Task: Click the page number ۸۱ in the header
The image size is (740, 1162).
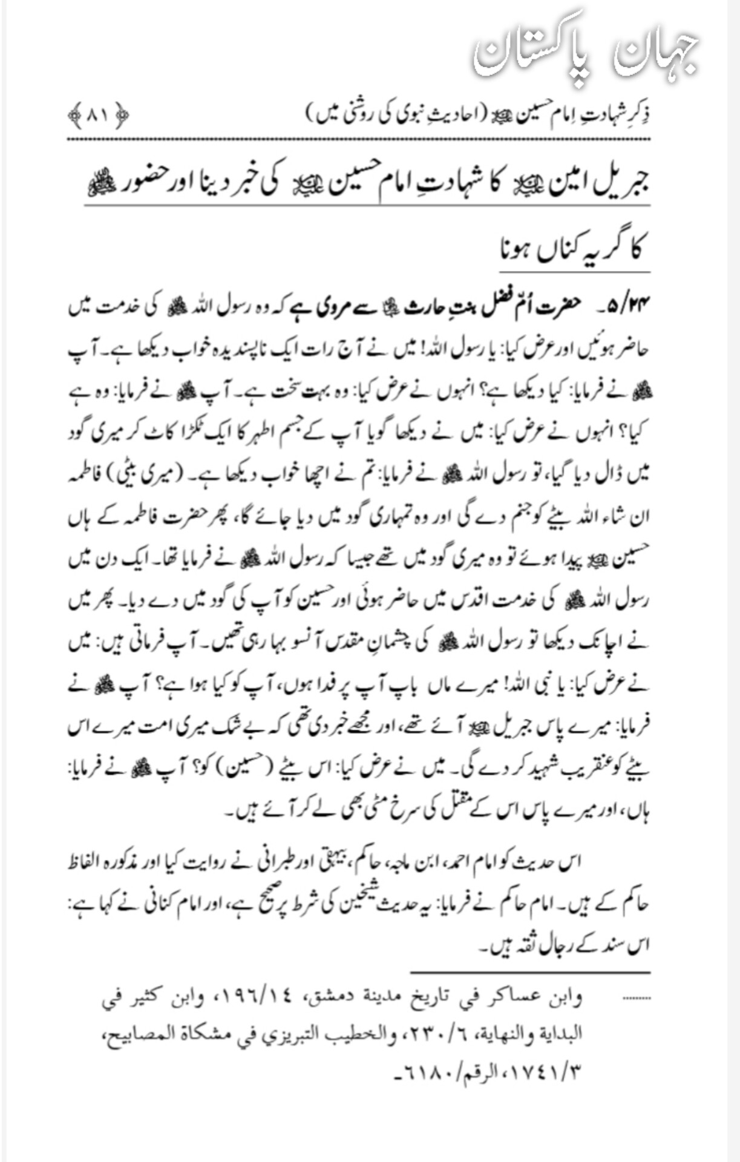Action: click(97, 115)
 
